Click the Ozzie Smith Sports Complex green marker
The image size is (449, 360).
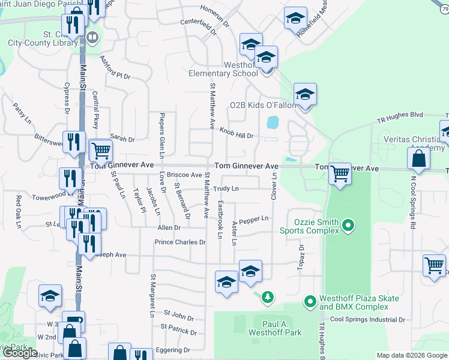click(x=346, y=226)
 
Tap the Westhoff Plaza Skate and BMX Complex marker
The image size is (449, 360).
click(x=310, y=300)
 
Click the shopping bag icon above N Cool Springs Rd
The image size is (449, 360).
click(x=419, y=158)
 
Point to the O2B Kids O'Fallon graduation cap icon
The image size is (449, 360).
click(x=305, y=95)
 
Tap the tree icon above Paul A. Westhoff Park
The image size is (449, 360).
click(x=267, y=296)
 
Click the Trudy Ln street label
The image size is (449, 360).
click(x=227, y=188)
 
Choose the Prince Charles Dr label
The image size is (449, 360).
click(x=180, y=242)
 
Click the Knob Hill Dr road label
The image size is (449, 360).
click(x=236, y=133)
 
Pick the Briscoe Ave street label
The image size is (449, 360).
click(x=184, y=175)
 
